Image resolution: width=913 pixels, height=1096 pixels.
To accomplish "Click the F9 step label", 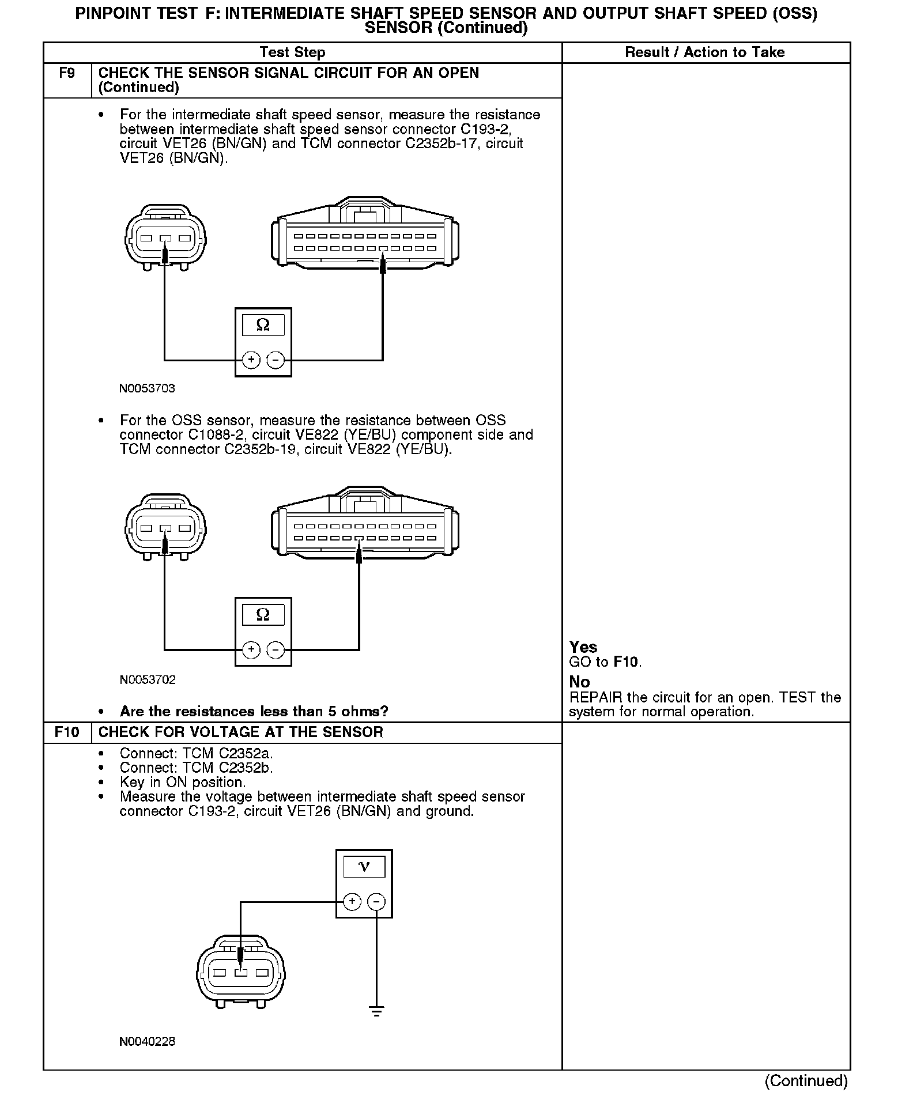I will tap(67, 73).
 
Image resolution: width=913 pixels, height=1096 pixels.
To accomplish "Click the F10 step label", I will tap(67, 732).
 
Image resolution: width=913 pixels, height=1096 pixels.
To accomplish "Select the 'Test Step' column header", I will tap(292, 52).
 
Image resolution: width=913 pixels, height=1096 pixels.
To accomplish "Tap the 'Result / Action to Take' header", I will tap(704, 52).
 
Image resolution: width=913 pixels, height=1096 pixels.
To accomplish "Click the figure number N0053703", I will tap(147, 388).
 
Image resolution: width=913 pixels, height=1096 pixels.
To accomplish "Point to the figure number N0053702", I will tap(147, 680).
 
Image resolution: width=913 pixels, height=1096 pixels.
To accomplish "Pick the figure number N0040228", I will tap(147, 1042).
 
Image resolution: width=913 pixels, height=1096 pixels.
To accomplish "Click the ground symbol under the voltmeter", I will tap(376, 1011).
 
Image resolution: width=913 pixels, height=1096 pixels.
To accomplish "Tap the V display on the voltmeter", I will tap(364, 867).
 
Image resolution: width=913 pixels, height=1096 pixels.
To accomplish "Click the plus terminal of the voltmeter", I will tap(352, 902).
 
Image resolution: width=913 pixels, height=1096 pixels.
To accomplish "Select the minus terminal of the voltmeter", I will tap(376, 902).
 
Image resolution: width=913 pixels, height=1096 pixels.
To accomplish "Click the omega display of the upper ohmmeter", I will tap(263, 326).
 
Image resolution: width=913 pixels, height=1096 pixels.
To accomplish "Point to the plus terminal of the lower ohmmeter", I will tap(251, 650).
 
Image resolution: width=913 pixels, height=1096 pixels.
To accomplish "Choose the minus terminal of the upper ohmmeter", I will tap(276, 360).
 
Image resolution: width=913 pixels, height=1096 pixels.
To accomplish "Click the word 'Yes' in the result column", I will tap(583, 647).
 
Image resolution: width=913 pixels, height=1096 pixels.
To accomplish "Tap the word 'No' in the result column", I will tap(579, 682).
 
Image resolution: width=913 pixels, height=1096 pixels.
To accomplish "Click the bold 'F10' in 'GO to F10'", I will tap(626, 662).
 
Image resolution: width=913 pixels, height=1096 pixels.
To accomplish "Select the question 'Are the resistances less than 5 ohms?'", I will tap(254, 712).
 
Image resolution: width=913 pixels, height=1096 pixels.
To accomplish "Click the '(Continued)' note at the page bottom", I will tap(806, 1081).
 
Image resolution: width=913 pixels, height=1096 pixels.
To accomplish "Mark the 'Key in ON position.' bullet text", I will tap(183, 783).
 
